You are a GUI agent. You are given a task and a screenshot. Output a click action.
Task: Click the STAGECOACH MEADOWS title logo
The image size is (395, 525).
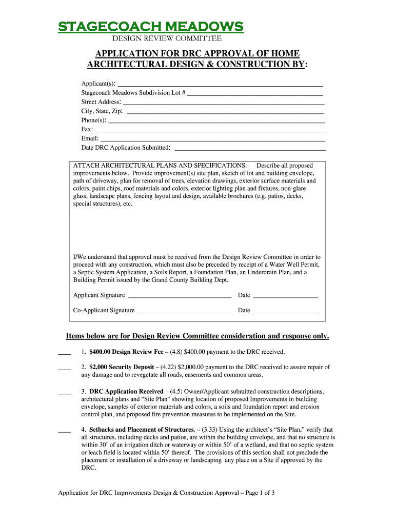pyautogui.click(x=150, y=26)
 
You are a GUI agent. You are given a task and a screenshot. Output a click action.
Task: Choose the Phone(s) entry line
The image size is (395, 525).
pyautogui.click(x=217, y=122)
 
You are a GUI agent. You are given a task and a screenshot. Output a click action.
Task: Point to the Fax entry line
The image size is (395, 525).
pyautogui.click(x=211, y=131)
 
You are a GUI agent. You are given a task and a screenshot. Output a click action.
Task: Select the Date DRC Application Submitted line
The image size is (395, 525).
pyautogui.click(x=250, y=150)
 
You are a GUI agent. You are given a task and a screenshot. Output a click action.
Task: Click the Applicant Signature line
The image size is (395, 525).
pyautogui.click(x=180, y=297)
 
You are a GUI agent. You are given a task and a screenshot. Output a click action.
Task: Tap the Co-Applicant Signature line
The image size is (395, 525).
pyautogui.click(x=185, y=312)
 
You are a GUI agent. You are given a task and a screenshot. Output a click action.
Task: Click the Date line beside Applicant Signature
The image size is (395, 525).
pyautogui.click(x=286, y=297)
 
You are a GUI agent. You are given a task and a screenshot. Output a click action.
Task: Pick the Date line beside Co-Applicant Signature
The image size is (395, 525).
pyautogui.click(x=286, y=312)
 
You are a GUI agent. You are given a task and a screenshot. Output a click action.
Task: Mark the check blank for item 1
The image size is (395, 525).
pyautogui.click(x=64, y=354)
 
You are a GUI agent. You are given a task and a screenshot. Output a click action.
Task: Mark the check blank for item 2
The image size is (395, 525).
pyautogui.click(x=64, y=369)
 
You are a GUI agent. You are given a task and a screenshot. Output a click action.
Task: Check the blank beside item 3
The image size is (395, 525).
pyautogui.click(x=64, y=393)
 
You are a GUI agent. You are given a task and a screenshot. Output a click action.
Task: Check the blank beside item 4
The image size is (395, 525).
pyautogui.click(x=64, y=432)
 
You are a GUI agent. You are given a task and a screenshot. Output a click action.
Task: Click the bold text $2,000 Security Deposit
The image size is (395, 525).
pyautogui.click(x=122, y=367)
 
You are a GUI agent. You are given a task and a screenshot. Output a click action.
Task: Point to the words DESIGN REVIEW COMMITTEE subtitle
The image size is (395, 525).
pyautogui.click(x=167, y=38)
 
